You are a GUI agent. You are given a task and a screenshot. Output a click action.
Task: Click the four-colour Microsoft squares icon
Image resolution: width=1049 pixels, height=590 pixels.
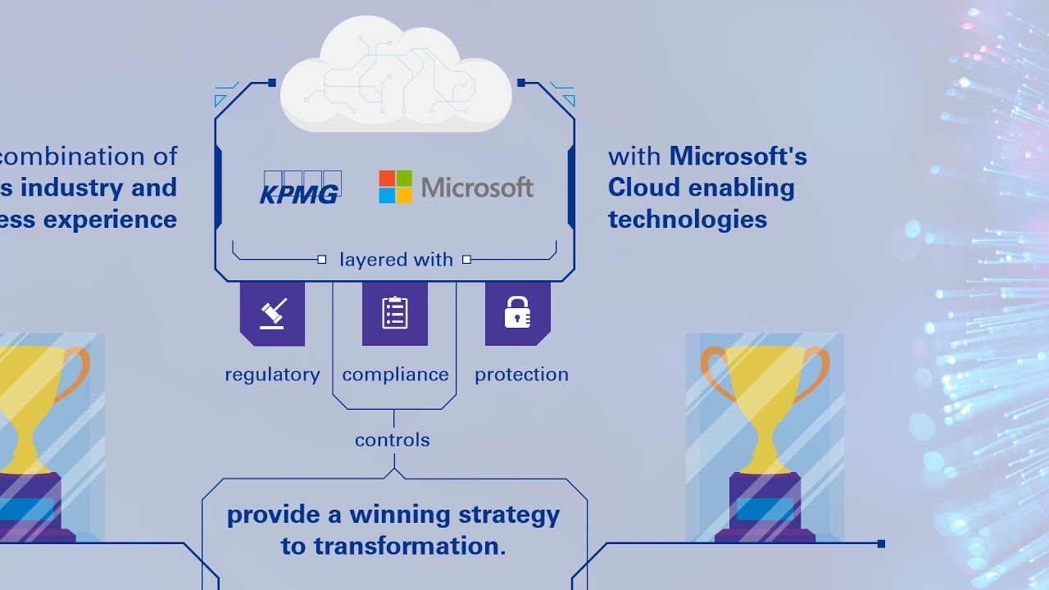point(395,187)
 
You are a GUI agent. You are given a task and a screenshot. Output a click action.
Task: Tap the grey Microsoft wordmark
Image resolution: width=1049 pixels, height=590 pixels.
point(477,188)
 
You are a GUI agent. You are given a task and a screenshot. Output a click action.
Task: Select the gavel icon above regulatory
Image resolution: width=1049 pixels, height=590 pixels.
point(272,313)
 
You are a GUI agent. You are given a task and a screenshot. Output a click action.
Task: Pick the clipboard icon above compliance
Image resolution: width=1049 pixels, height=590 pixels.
point(395,313)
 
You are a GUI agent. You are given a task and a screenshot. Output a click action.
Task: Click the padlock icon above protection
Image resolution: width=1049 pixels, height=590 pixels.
point(517,313)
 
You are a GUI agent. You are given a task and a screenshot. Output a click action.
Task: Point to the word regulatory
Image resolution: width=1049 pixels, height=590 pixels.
point(272,374)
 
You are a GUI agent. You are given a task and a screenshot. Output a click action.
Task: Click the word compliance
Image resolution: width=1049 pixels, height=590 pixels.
point(395,374)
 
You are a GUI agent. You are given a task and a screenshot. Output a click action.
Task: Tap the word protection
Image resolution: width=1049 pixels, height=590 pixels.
point(521,374)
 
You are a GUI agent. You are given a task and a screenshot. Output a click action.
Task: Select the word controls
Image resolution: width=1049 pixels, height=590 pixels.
point(393,440)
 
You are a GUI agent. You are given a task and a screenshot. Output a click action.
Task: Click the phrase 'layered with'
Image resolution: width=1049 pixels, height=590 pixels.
point(396,260)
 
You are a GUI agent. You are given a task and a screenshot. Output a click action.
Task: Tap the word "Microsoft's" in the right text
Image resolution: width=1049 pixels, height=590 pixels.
point(738,156)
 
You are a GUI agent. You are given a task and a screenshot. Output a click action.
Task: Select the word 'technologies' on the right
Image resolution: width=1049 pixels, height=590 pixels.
point(688,219)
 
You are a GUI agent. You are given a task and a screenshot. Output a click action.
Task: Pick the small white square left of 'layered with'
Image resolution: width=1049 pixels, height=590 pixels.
point(322,260)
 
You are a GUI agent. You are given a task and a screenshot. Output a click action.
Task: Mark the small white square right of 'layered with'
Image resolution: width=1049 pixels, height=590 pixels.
point(466,260)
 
